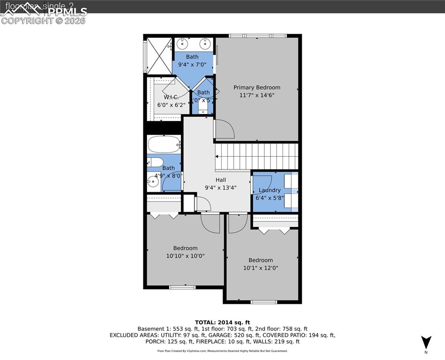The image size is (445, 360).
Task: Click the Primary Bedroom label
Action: [x=257, y=87]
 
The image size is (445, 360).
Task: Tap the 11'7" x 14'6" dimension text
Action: [x=257, y=95]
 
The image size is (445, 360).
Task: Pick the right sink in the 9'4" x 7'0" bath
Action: [x=205, y=44]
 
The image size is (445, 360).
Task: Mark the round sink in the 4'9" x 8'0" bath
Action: [x=153, y=183]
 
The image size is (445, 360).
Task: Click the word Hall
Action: [x=221, y=180]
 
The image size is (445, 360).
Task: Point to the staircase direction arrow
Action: [x=257, y=157]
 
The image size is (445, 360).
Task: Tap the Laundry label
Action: [x=270, y=190]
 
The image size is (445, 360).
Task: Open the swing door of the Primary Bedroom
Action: [x=224, y=129]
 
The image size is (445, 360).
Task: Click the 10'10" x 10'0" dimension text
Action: [x=185, y=256]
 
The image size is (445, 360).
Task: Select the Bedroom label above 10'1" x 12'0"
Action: [x=260, y=260]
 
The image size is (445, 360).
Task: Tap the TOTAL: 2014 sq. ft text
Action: [x=222, y=322]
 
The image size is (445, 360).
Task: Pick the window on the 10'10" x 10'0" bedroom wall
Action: [x=182, y=287]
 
